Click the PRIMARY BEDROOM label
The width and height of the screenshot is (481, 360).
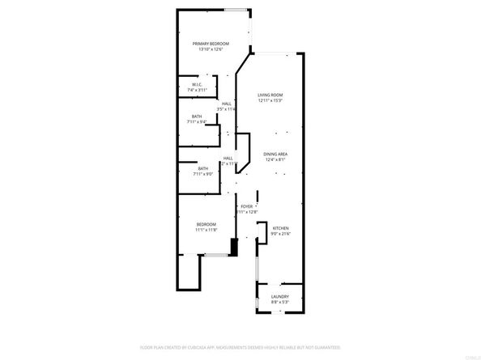(x=210, y=43)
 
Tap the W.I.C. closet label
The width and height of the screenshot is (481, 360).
(x=197, y=84)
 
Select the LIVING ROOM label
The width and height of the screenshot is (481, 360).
(x=270, y=95)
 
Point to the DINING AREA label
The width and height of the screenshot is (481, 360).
(x=275, y=154)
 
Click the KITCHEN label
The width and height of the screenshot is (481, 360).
(x=280, y=228)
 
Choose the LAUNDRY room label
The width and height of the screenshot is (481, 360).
(x=280, y=297)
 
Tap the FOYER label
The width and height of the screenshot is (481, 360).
(x=247, y=207)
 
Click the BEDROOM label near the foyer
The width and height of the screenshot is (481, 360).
(x=206, y=224)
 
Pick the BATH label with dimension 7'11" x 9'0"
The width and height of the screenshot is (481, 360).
(x=202, y=168)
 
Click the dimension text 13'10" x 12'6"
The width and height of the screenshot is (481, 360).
(x=210, y=49)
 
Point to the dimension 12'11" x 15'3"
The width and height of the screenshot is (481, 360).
(x=270, y=101)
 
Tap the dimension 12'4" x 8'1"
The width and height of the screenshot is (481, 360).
(x=275, y=160)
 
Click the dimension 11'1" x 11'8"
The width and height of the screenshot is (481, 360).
(x=206, y=231)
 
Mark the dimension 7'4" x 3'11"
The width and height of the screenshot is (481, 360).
(x=197, y=90)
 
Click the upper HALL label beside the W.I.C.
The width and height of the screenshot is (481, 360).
(x=228, y=103)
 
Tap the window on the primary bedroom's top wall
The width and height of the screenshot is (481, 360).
(x=236, y=10)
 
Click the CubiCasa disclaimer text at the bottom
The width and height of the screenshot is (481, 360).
(x=240, y=345)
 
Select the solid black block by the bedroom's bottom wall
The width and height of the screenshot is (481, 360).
(x=233, y=247)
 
